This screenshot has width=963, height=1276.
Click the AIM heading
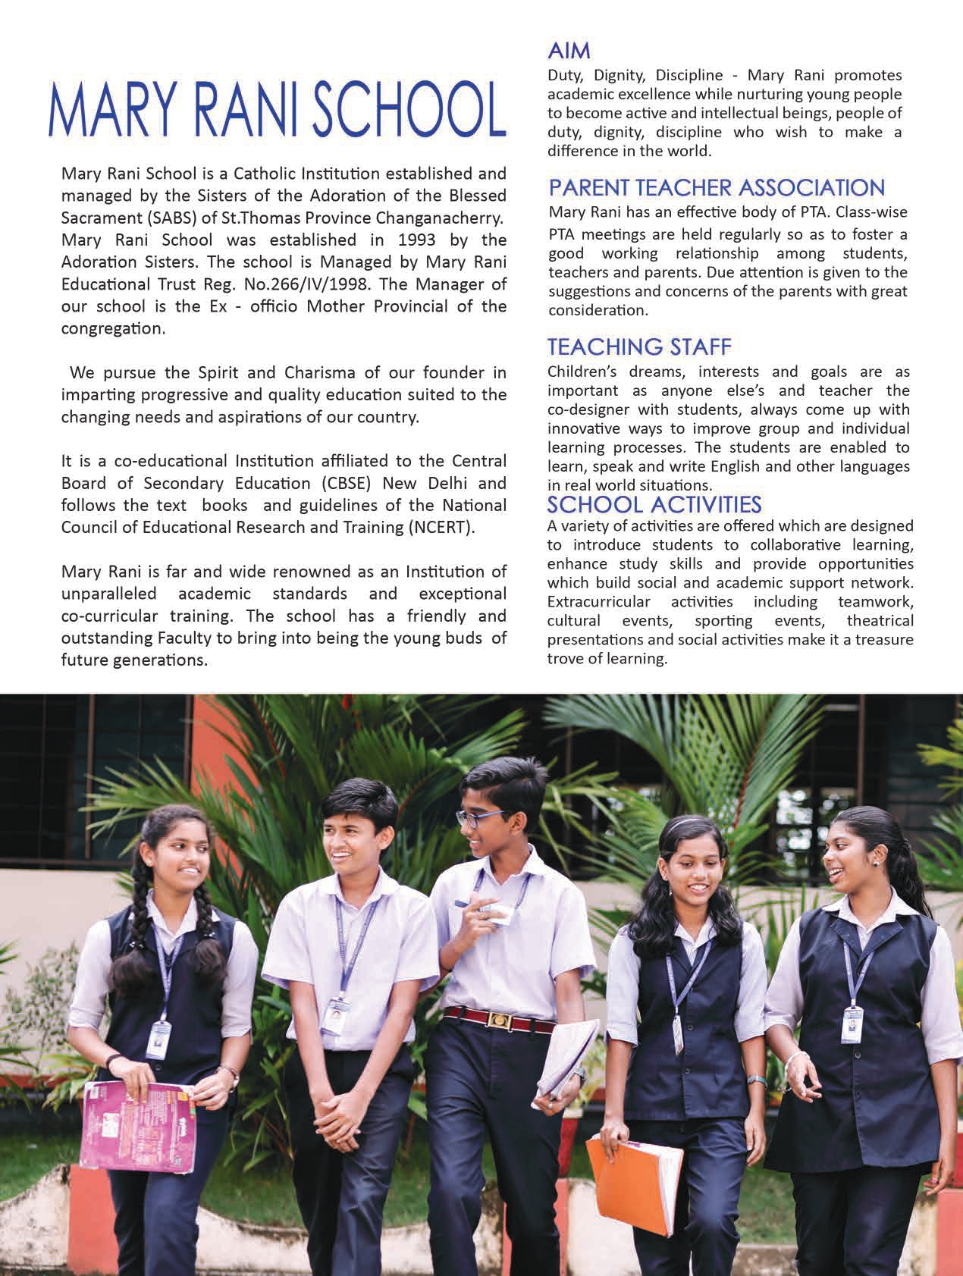pyautogui.click(x=569, y=52)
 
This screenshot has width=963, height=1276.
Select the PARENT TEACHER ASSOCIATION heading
pyautogui.click(x=716, y=187)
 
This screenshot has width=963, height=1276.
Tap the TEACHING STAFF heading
pyautogui.click(x=639, y=347)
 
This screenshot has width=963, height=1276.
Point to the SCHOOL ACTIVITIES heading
pyautogui.click(x=654, y=504)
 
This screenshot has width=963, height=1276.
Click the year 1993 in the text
pyautogui.click(x=418, y=240)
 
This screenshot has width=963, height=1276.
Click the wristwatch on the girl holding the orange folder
pyautogui.click(x=755, y=1079)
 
